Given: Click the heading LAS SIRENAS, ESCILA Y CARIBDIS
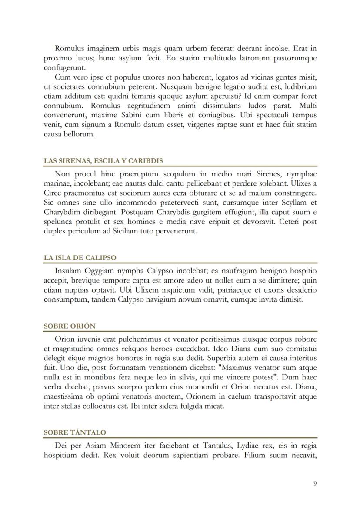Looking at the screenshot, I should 103,161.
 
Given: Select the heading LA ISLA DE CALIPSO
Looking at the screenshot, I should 80,258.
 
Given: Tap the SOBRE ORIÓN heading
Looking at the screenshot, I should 70,326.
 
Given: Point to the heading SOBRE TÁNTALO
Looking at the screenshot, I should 75,432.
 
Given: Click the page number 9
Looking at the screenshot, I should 315,484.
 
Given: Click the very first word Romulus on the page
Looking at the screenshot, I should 70,48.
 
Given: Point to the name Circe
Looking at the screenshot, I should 53,193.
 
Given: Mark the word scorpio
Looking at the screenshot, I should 159,387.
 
